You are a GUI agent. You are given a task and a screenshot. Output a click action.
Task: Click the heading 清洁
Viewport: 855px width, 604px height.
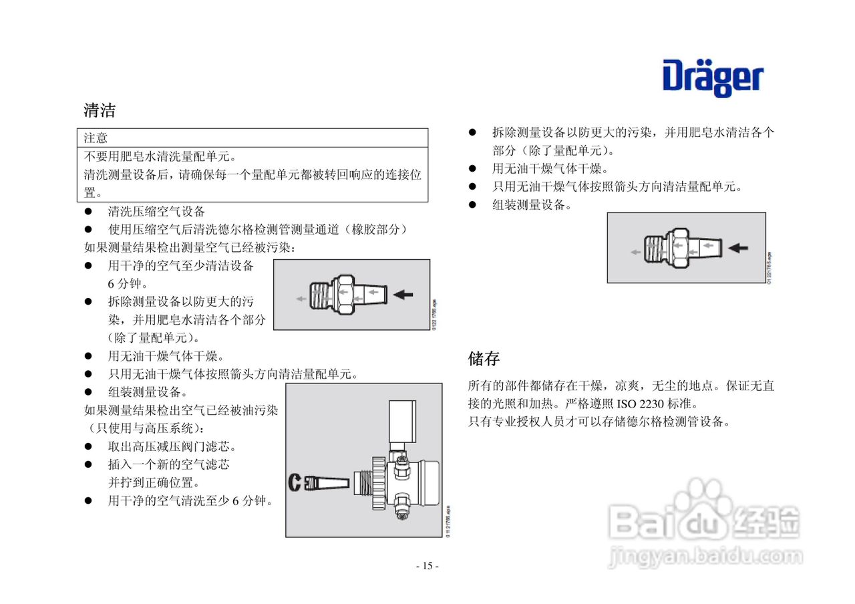[x=100, y=110]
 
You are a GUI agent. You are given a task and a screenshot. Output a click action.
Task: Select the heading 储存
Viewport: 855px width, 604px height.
[x=484, y=359]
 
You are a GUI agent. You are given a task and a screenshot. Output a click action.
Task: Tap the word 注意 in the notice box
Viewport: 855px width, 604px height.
[x=96, y=138]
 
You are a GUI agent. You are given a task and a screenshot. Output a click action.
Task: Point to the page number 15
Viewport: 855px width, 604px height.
[x=427, y=567]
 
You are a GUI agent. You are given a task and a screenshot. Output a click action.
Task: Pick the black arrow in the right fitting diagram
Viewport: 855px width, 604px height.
[x=737, y=248]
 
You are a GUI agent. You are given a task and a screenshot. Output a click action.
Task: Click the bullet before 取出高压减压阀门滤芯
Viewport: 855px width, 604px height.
[x=88, y=446]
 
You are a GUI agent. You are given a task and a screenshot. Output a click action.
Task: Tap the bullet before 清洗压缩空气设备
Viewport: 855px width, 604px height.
[x=88, y=212]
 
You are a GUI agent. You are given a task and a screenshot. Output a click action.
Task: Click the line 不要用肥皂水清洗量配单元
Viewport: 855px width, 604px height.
[x=160, y=157]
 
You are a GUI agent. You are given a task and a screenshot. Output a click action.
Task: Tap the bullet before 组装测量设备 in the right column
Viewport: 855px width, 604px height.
[x=472, y=205]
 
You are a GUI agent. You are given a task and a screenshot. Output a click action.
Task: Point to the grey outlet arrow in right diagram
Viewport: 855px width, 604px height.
[x=635, y=252]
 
